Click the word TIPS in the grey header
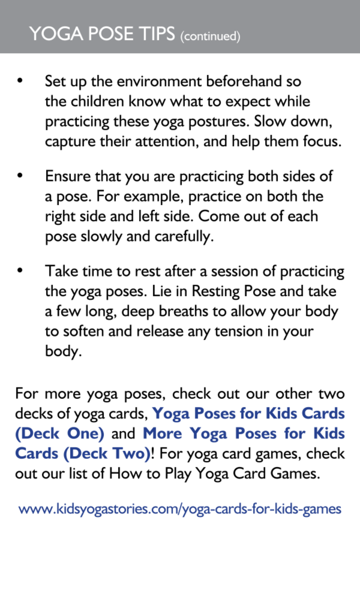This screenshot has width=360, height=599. [157, 34]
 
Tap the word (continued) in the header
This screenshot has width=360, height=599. [210, 36]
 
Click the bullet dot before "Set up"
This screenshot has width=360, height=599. [20, 80]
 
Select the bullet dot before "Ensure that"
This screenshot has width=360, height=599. [20, 175]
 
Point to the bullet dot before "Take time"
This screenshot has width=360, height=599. [20, 270]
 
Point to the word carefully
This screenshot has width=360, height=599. [184, 237]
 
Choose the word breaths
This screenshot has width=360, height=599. [184, 311]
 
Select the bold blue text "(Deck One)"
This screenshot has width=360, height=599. [60, 434]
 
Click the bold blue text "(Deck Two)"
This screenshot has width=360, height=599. [107, 454]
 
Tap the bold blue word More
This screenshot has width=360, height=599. [162, 433]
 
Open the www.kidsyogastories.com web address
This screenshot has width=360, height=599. [180, 509]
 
